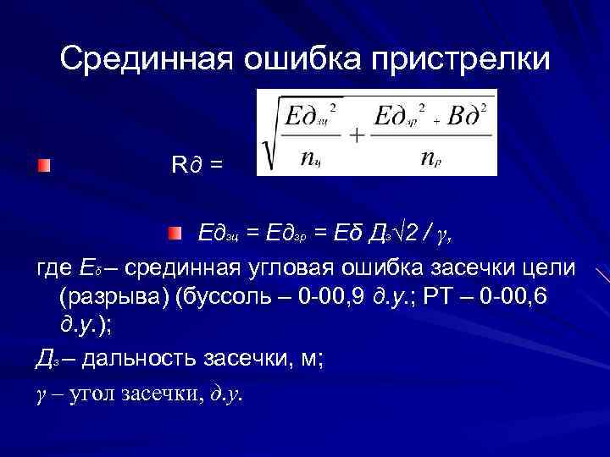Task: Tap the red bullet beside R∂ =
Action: tap(44, 163)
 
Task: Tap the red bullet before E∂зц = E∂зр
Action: tap(174, 232)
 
